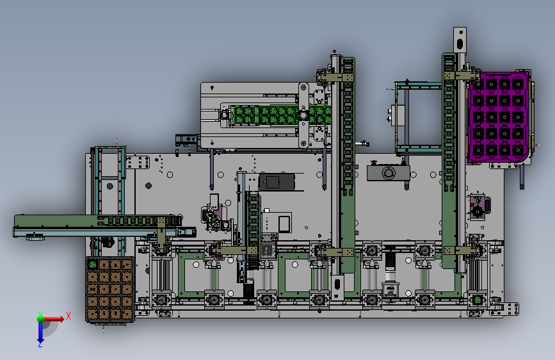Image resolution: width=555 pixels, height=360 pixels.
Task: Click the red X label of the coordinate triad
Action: coord(68,316)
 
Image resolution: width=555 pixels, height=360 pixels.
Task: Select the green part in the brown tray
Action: coord(92,264)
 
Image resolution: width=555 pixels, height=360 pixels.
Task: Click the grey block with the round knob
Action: coord(389,173)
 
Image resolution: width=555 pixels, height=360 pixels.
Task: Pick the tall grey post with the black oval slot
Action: coord(460,40)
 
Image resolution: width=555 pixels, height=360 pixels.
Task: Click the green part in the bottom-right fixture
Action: coord(478,300)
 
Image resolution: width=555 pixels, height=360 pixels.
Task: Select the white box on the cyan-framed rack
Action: coord(399,115)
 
